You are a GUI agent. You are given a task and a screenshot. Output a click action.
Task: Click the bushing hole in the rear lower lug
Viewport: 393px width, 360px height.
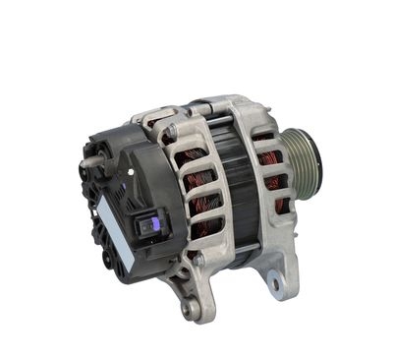click(x=190, y=309)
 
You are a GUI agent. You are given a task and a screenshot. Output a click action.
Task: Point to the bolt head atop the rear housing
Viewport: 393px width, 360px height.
click(x=172, y=130)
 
